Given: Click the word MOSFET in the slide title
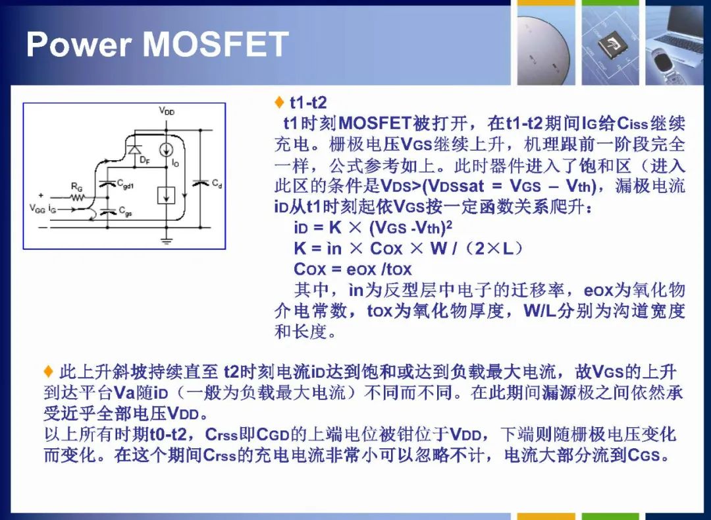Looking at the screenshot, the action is coord(215,44).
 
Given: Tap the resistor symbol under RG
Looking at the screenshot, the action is coord(78,197).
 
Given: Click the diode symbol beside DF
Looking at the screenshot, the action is coord(133,149).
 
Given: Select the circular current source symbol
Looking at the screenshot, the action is coord(167,150).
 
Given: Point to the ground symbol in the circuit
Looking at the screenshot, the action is coord(167,241).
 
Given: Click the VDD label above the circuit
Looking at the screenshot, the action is coord(167,111).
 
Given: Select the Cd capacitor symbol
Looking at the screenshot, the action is coord(200,183).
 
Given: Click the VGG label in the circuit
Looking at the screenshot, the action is coord(37,208).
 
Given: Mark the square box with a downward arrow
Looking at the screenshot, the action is coord(166,196).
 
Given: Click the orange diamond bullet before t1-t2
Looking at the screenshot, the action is coord(279,103).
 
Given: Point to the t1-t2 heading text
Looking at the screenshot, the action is coord(308,103).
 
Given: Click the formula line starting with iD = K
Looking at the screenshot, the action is coord(373,227).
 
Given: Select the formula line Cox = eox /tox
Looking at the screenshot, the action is coord(352,269).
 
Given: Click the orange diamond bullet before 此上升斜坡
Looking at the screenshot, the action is coord(49,372).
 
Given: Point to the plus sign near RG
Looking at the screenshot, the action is coord(41,195).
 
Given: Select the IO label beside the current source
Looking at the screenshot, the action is coord(176,163).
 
